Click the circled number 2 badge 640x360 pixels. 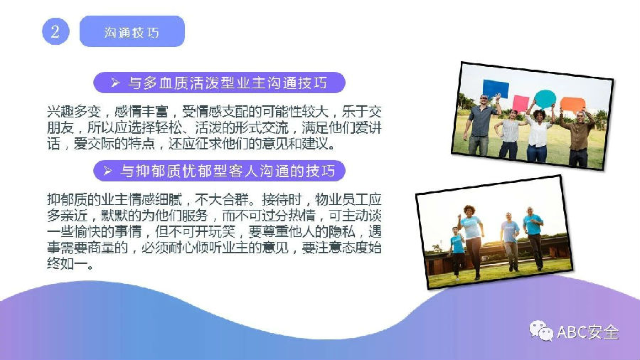point(55,31)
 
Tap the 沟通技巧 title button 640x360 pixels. point(132,31)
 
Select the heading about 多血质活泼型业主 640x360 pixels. point(220,83)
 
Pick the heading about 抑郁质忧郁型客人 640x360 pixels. point(220,171)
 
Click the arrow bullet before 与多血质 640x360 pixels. point(115,83)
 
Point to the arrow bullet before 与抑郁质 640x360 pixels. point(107,171)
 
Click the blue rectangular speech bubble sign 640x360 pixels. point(496,88)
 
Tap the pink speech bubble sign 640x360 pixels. point(521,103)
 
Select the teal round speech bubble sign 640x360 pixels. point(545,99)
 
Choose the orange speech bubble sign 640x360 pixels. point(572,105)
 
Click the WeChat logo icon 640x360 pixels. point(541,331)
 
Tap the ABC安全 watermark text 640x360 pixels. point(588,332)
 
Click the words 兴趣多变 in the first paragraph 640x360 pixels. point(74,112)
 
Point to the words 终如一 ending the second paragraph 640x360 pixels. point(67,264)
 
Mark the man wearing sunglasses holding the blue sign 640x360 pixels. point(481,125)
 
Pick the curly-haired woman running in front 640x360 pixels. point(472,240)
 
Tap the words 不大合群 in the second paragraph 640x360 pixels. point(222,199)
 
